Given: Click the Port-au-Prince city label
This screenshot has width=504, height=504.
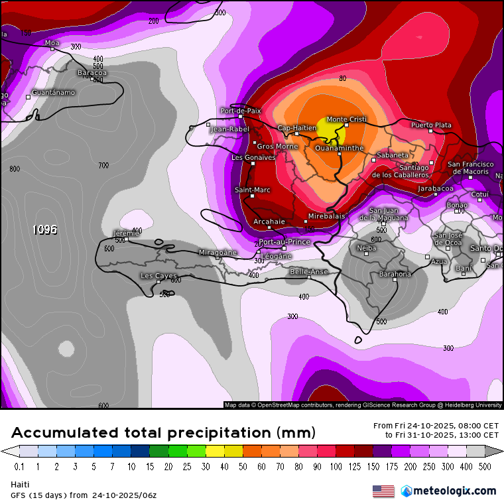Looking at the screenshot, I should pyautogui.click(x=284, y=242).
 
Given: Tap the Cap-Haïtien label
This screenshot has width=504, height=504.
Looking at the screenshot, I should pyautogui.click(x=296, y=128).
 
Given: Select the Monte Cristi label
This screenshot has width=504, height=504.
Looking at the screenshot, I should pyautogui.click(x=346, y=119).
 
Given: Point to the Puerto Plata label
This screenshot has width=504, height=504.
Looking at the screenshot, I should pyautogui.click(x=431, y=125).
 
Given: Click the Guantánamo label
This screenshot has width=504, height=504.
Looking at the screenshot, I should pyautogui.click(x=54, y=92).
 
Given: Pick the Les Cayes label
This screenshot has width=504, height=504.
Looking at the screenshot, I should pyautogui.click(x=158, y=275).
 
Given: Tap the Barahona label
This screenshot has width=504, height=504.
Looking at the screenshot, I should pyautogui.click(x=395, y=274).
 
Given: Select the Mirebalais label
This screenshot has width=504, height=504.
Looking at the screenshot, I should pyautogui.click(x=326, y=216).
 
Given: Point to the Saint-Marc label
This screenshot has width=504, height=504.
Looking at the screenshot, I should pyautogui.click(x=253, y=190).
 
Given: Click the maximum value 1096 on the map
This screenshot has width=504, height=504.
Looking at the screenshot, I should pyautogui.click(x=45, y=229).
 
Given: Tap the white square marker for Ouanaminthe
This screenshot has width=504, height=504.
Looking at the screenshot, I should pyautogui.click(x=340, y=154).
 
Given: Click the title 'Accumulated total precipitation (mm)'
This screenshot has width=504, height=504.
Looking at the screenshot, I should pyautogui.click(x=163, y=433).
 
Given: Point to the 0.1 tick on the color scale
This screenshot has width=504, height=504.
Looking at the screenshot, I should pyautogui.click(x=19, y=467).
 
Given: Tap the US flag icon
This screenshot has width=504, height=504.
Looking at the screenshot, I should pyautogui.click(x=383, y=491).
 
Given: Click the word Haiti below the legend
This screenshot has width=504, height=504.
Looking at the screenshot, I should pyautogui.click(x=20, y=485).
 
